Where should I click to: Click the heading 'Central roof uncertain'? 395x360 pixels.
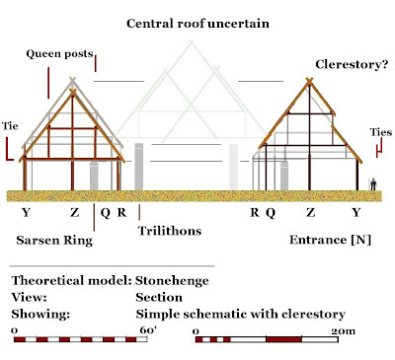point(197,21)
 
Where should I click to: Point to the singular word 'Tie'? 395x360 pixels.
point(12,126)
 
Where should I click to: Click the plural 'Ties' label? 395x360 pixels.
point(379,131)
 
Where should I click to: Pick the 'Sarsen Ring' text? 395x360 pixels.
point(55,239)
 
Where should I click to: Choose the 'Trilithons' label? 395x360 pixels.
point(170,230)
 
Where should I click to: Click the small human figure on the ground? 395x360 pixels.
point(372,183)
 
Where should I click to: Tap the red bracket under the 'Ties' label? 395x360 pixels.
point(378,149)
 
